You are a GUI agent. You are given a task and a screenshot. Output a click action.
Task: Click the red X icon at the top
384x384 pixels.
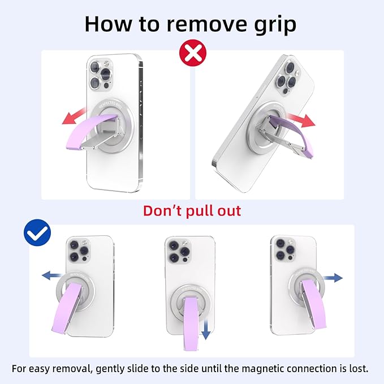pos(192,54)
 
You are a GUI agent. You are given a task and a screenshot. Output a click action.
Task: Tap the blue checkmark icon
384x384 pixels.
pos(37,234)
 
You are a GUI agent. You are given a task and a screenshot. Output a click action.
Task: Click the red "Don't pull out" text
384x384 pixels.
pos(192,211)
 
